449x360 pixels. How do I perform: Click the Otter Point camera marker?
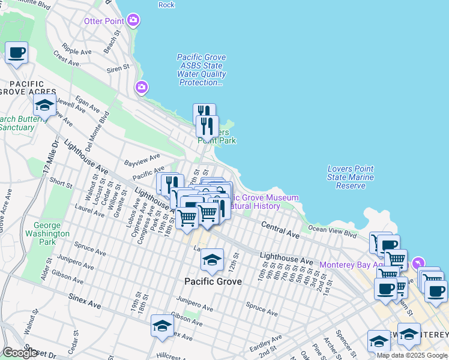point(133,21)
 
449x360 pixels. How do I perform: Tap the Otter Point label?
point(104,21)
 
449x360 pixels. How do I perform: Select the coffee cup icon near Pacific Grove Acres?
point(17,53)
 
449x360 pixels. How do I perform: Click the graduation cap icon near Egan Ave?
point(44,106)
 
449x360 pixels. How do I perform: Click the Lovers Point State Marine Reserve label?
point(351,177)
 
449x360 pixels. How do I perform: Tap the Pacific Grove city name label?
point(212,281)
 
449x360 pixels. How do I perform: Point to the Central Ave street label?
point(280,228)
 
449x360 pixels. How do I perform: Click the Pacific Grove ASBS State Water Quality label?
point(202,70)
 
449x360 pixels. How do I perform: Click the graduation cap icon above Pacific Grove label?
point(212,259)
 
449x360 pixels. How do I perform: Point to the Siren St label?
point(118,68)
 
